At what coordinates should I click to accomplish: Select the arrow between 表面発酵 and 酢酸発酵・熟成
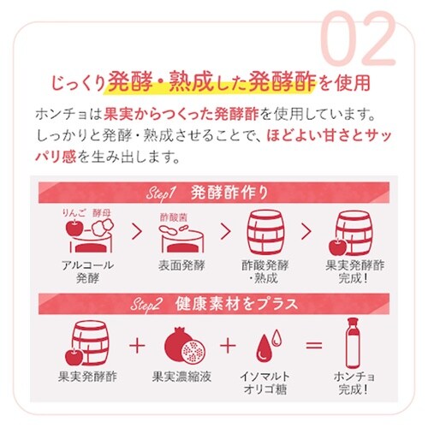pyautogui.click(x=224, y=232)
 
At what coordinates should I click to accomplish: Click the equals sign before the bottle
pyautogui.click(x=313, y=345)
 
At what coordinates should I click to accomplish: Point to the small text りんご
pyautogui.click(x=72, y=209)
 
